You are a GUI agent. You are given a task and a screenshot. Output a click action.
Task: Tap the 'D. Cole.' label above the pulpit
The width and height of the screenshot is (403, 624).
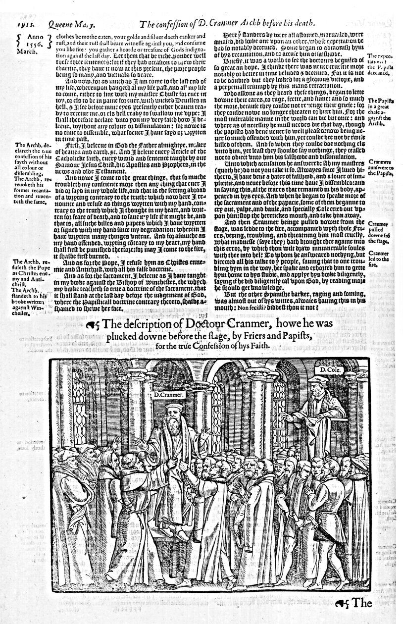(x=329, y=369)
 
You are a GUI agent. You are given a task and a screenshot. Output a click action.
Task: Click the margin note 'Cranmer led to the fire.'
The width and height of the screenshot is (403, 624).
(x=379, y=258)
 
